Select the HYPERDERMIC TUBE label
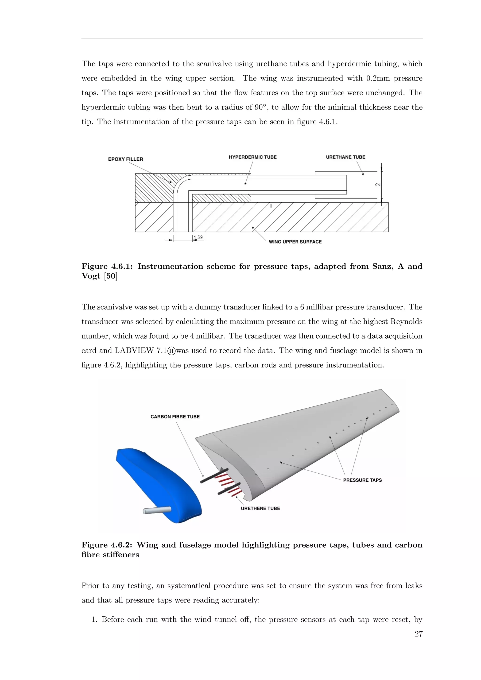253,157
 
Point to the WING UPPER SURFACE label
295,242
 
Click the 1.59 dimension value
198,238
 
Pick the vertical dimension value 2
378,185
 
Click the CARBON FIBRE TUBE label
175,417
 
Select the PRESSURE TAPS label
362,480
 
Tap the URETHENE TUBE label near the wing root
260,509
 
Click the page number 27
419,634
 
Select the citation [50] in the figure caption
111,276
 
